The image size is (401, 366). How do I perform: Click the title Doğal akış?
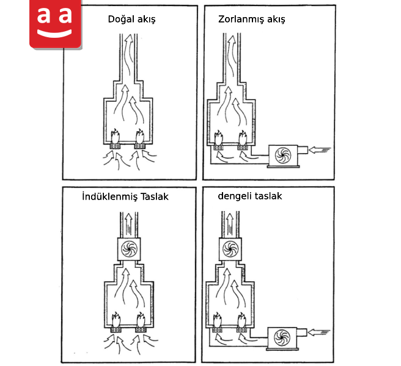coord(131,20)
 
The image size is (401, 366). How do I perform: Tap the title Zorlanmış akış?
coord(251,20)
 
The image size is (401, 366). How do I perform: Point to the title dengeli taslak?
coord(250,196)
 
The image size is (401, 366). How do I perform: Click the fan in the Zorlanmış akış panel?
coord(283,155)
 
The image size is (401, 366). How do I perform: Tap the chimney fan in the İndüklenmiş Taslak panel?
coord(129,249)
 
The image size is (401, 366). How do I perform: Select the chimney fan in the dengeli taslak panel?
coord(230,249)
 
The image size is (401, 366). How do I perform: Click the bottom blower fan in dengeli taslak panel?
coord(282,337)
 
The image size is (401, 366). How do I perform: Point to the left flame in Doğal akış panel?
coord(115,136)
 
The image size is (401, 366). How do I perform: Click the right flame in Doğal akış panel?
coord(139,136)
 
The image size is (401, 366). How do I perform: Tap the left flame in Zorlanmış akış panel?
coord(218,138)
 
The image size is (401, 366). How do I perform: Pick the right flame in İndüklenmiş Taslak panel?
coord(141,319)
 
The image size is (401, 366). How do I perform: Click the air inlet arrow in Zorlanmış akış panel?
coord(320,150)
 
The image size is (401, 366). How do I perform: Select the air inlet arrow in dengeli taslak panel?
coord(319,332)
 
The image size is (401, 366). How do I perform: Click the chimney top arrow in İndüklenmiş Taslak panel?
coord(128,224)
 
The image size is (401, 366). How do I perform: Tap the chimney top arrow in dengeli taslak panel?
coord(230,223)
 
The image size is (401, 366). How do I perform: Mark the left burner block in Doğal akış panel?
coord(115,146)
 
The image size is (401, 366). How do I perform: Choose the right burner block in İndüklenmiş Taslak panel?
coord(141,330)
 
